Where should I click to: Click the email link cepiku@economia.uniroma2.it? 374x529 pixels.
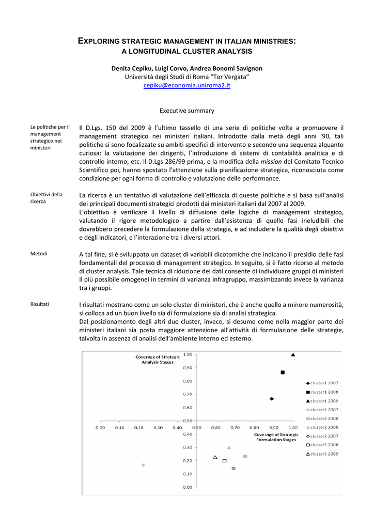pos(186,85)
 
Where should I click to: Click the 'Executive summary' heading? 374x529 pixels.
pos(186,111)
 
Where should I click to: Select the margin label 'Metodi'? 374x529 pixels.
pos(39,254)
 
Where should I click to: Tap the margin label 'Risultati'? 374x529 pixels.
pos(40,304)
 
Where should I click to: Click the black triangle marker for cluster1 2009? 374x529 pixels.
pos(293,355)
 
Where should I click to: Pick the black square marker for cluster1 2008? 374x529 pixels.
pos(283,372)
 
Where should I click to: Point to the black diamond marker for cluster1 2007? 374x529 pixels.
pos(272,399)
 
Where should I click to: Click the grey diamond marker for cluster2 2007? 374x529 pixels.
pos(143,465)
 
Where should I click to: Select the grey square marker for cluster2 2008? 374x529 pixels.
pos(245,456)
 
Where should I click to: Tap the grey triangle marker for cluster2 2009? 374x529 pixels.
pos(229,447)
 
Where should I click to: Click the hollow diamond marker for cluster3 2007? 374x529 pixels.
pos(233,469)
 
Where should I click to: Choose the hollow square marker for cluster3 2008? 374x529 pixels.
pos(224,460)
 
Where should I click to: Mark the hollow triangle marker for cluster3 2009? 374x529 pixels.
pos(215,457)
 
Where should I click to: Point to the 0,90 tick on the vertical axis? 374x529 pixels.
pos(187,368)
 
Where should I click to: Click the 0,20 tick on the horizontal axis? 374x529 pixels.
pos(138,427)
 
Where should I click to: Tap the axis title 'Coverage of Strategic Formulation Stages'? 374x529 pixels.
pos(276,437)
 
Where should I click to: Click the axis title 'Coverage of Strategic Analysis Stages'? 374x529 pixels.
pos(158,360)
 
